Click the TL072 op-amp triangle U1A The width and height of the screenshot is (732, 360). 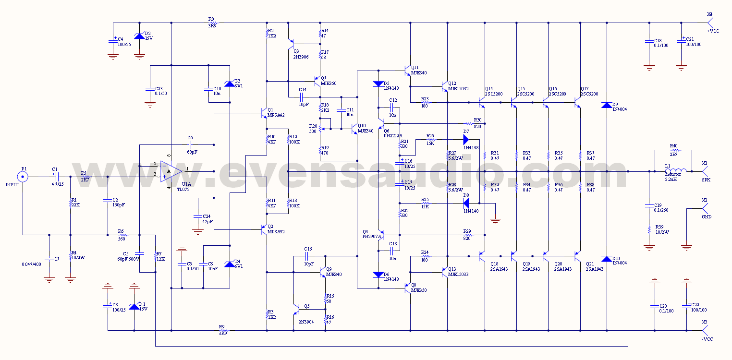[171, 171]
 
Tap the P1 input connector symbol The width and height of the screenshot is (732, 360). [23, 177]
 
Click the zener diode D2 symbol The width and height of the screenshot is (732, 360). [139, 36]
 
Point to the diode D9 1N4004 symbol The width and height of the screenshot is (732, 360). [607, 105]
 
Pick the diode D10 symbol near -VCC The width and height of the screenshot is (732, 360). [607, 259]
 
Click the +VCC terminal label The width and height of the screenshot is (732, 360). [713, 31]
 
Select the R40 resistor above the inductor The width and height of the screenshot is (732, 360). [674, 150]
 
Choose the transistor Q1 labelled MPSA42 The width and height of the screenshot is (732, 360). [264, 113]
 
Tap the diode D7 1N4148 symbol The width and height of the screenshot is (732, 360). [465, 139]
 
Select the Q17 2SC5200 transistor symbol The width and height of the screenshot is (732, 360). [577, 102]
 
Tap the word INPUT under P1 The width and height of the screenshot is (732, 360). [12, 184]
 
